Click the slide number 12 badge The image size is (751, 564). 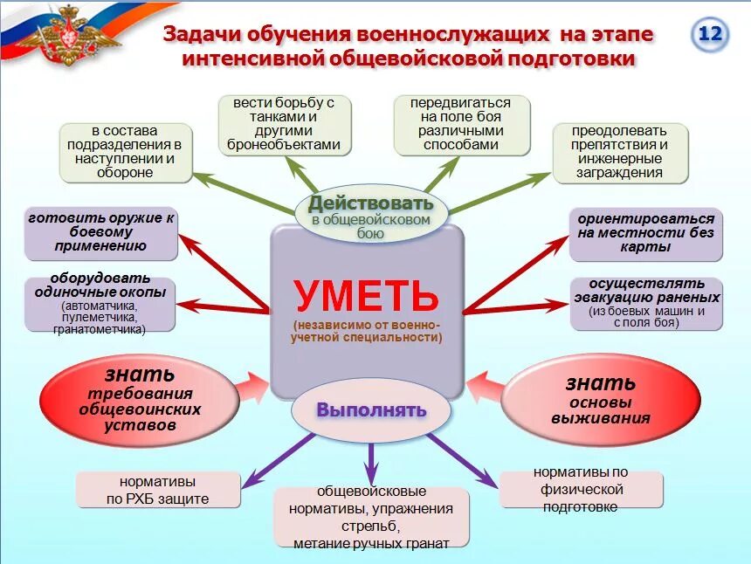(710, 35)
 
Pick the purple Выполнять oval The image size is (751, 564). (371, 409)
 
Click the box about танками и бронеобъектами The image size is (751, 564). (283, 124)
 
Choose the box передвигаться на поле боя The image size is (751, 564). (460, 124)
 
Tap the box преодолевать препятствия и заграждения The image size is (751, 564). (620, 152)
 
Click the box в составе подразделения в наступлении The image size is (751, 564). (127, 152)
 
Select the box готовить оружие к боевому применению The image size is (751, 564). (101, 232)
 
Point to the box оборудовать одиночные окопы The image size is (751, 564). (101, 304)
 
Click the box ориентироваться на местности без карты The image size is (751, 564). (645, 233)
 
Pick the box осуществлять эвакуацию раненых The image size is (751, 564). (646, 303)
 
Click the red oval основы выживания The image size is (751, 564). (601, 397)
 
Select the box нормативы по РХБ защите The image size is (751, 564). (158, 490)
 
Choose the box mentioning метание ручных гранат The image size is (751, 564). (371, 517)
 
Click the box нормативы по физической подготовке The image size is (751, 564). (581, 489)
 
